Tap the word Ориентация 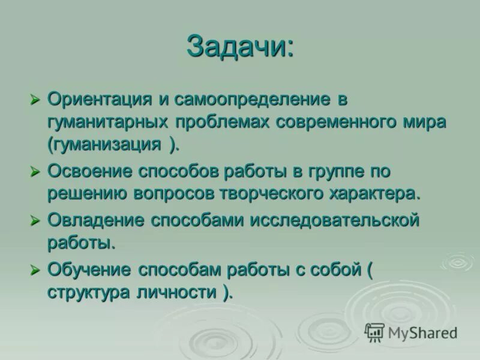(99, 98)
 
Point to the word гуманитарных (107, 122)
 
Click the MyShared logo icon (374, 331)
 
